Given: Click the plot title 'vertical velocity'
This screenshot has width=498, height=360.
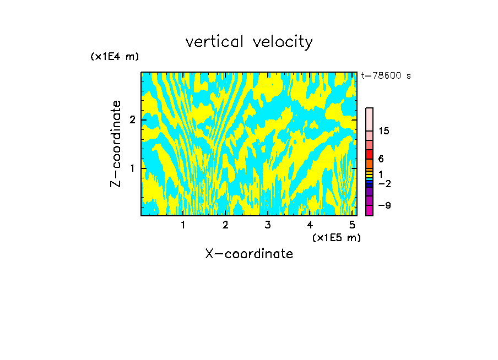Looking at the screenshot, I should [x=249, y=42].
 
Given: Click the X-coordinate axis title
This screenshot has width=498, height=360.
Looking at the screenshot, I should [x=249, y=254].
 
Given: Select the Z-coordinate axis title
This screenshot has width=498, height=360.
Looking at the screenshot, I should [x=116, y=144].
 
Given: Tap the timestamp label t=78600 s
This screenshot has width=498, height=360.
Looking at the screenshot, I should [x=386, y=76].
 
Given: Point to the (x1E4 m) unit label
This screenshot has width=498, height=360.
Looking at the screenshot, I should [x=115, y=56].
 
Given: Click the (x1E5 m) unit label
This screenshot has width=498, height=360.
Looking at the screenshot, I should [x=336, y=237].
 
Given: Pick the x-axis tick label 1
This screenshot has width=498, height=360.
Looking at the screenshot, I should [x=183, y=225].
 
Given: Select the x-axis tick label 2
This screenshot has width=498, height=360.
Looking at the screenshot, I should [x=225, y=225].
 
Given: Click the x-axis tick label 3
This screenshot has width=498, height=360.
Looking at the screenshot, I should [x=267, y=225].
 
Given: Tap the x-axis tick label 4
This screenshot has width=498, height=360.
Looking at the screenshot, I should [x=310, y=225].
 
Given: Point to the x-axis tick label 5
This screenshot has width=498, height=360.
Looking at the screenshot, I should [x=351, y=225].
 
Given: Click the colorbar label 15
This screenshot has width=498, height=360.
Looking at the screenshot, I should [x=384, y=131].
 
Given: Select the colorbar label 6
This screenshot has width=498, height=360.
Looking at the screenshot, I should [x=381, y=159].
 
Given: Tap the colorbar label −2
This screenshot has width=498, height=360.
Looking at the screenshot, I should [x=384, y=183].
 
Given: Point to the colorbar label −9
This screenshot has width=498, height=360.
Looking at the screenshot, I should [x=384, y=205].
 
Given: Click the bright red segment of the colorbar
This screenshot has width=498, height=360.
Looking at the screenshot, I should [x=369, y=154].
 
